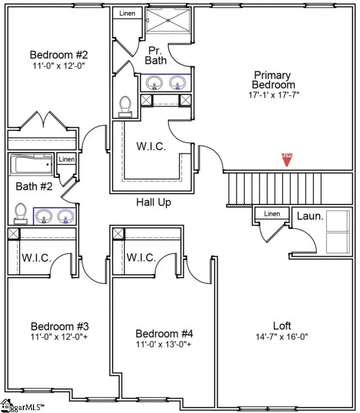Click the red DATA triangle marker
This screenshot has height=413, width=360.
pyautogui.click(x=287, y=160)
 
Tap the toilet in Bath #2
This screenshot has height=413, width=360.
pyautogui.click(x=20, y=213)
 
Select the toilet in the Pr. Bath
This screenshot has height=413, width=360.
pyautogui.click(x=126, y=106)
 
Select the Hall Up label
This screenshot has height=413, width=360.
pyautogui.click(x=153, y=202)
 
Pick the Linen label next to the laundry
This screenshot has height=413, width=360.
pyautogui.click(x=272, y=214)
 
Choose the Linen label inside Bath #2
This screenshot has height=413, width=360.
pyautogui.click(x=66, y=159)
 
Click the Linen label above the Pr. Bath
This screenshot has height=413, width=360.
pyautogui.click(x=127, y=13)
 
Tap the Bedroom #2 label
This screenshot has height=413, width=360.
pyautogui.click(x=58, y=54)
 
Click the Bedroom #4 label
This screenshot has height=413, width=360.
pyautogui.click(x=164, y=334)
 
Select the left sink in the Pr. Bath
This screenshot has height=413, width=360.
pyautogui.click(x=155, y=83)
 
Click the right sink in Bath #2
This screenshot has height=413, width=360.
pyautogui.click(x=66, y=216)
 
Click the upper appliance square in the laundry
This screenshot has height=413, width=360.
pyautogui.click(x=338, y=220)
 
